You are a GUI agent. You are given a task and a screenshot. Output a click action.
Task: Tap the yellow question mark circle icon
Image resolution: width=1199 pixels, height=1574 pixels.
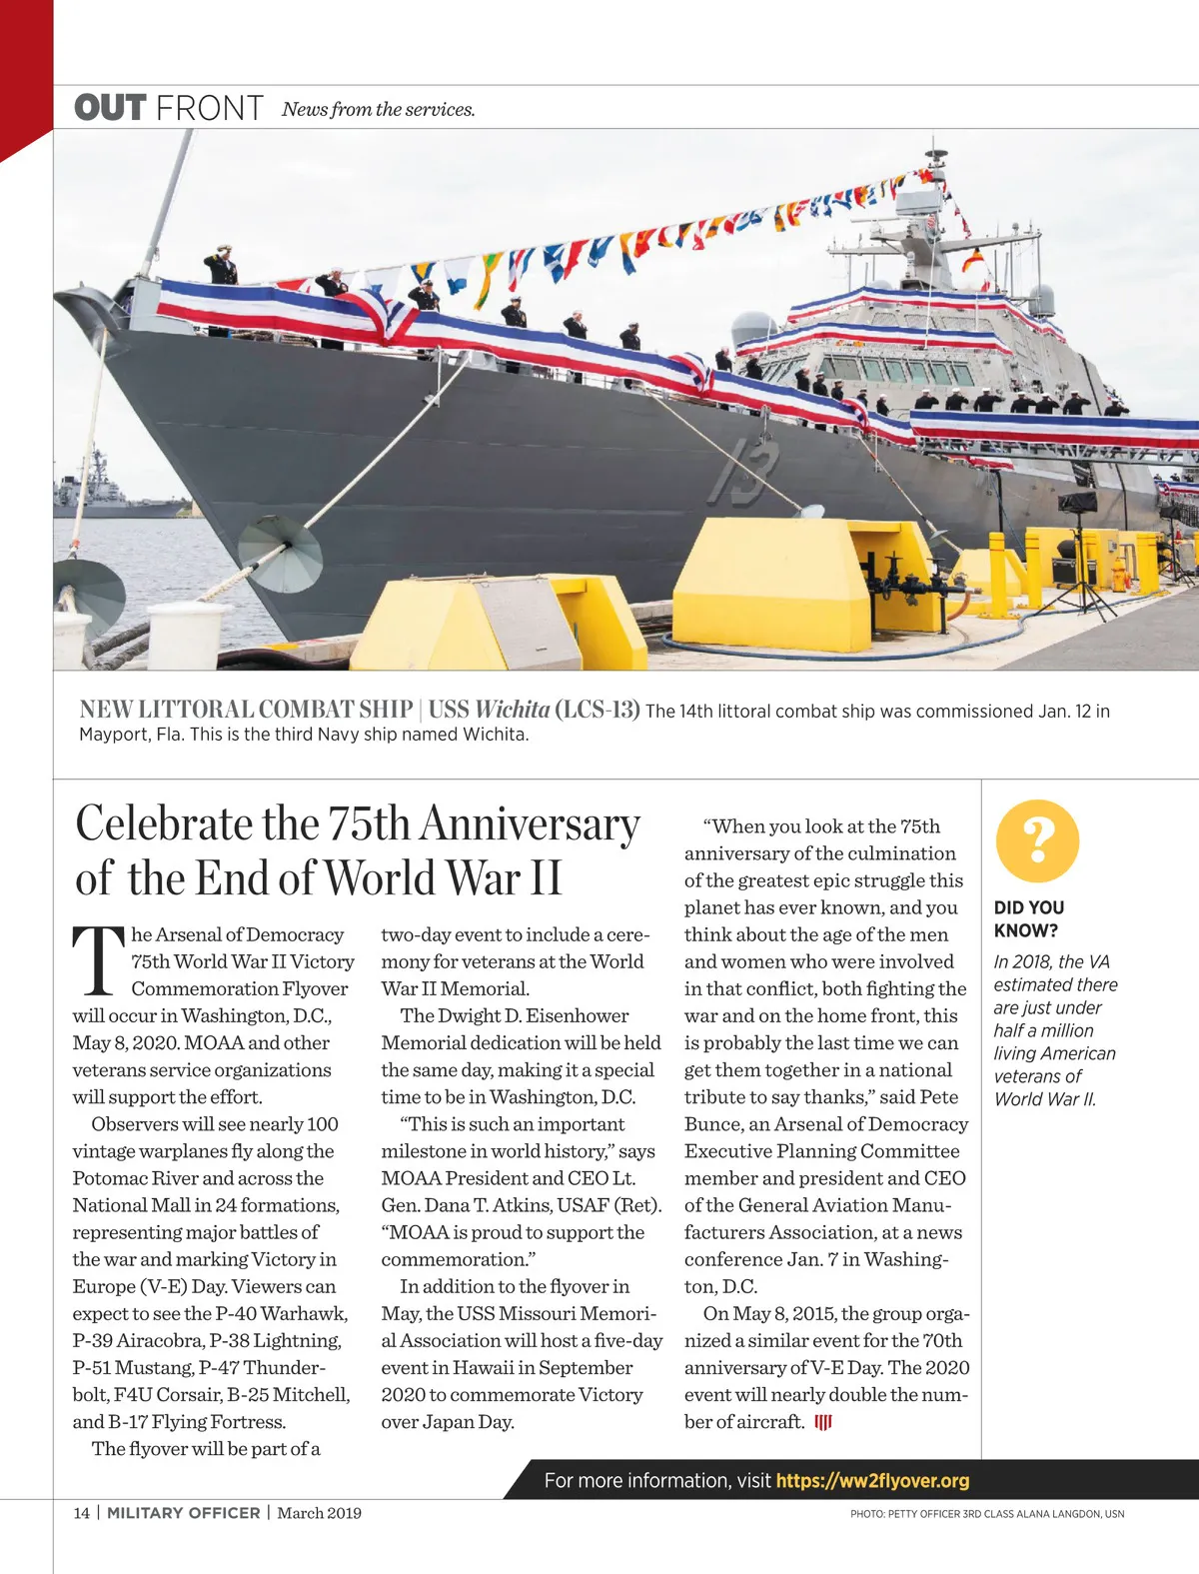tap(1037, 840)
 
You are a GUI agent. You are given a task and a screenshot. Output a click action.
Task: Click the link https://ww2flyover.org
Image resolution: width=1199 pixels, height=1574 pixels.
tap(872, 1480)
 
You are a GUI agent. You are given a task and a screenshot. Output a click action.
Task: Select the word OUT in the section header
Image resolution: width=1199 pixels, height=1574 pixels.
tap(110, 108)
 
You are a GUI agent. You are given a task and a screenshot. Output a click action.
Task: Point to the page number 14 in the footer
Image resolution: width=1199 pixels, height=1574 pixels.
tap(81, 1513)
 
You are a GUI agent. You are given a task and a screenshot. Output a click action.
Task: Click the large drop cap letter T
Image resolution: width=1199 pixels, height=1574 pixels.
tap(97, 961)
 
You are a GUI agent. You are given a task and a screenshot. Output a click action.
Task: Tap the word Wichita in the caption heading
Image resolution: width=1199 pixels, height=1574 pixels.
tap(512, 710)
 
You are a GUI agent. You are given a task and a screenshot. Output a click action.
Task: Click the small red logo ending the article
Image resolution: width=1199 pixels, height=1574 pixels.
tap(823, 1422)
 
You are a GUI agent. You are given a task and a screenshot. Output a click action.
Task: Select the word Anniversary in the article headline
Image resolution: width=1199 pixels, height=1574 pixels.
tap(530, 824)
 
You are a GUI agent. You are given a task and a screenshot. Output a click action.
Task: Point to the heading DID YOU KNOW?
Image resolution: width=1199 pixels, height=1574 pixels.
tap(1028, 918)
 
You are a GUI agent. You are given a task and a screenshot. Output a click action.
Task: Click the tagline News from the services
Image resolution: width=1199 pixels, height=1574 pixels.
tap(378, 110)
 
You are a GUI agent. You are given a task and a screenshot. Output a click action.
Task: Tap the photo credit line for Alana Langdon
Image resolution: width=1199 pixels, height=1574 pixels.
tap(987, 1514)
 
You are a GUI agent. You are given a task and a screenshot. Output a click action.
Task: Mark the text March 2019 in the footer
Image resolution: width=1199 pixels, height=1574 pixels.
tap(319, 1513)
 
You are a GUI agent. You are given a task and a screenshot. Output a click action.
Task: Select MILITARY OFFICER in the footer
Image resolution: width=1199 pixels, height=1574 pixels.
tap(183, 1513)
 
